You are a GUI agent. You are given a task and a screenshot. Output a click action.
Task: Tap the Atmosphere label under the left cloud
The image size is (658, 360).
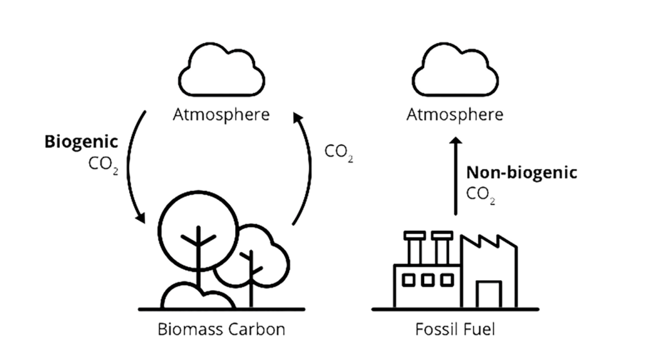221,114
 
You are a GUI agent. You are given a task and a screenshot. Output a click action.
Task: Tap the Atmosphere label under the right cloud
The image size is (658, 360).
455,114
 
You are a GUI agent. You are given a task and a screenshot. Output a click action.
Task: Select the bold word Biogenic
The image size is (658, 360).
81,142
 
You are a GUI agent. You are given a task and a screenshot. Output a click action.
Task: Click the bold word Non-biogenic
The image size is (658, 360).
522,172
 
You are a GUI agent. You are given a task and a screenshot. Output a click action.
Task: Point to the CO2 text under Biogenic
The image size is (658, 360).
103,165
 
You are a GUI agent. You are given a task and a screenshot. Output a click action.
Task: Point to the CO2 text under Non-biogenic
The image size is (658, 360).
481,194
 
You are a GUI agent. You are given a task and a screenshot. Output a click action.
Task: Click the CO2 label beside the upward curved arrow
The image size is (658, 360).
339,152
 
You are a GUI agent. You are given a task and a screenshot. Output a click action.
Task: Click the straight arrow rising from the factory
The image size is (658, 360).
456,176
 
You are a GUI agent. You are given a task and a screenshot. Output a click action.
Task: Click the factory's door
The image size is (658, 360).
489,282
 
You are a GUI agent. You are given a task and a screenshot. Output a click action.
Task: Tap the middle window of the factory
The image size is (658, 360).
427,280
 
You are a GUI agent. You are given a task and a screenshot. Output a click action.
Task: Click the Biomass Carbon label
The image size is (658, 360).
221,329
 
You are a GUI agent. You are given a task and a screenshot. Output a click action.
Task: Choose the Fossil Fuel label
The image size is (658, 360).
455,329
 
